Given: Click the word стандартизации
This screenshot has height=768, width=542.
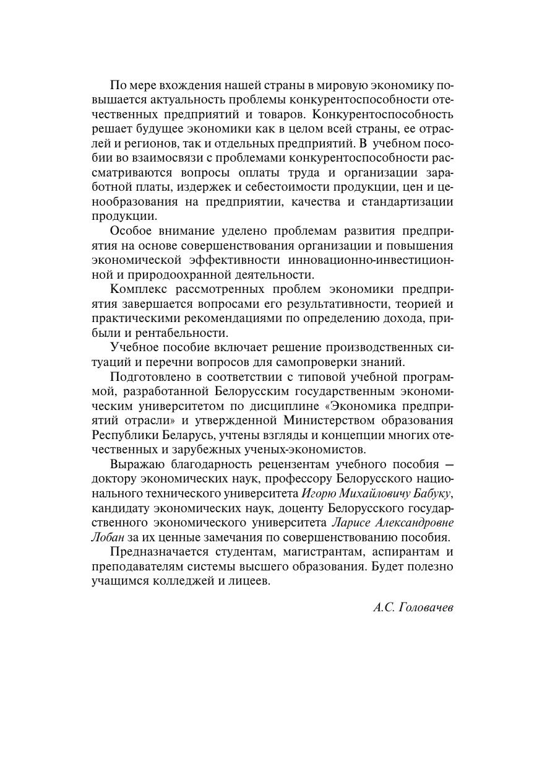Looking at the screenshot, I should point(408,202).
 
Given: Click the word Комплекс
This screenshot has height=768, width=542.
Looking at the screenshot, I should point(138,289).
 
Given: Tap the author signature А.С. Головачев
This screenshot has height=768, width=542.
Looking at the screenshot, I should point(413,608).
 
